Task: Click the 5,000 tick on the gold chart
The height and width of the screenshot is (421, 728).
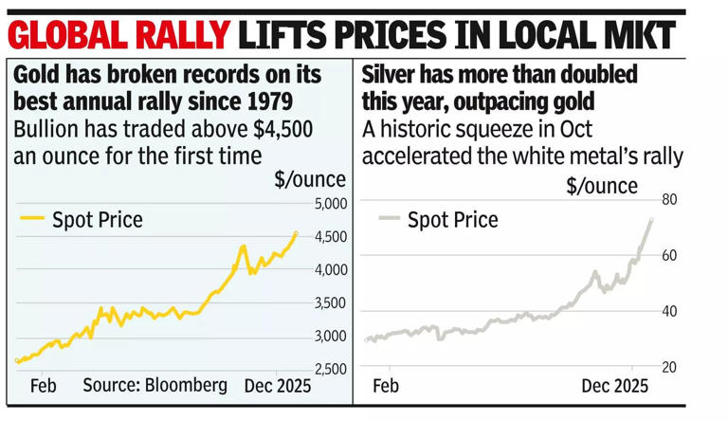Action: pos(329,203)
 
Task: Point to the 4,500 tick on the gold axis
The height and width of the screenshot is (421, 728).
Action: pos(329,236)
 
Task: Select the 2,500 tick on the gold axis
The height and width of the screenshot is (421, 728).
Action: pos(329,369)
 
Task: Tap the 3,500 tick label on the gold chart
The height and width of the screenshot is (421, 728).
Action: pos(329,302)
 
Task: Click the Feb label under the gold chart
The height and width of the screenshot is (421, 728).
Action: pos(43,385)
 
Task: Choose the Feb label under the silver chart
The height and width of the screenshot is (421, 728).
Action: pos(385,386)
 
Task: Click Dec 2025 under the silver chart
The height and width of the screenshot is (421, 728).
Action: pos(614,386)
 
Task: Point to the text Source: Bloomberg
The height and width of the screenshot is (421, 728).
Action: pos(155,385)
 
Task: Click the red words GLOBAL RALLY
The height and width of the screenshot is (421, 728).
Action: pos(118,36)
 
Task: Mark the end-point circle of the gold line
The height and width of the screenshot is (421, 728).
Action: pos(296,233)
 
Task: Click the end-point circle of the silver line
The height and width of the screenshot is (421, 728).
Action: pos(650,221)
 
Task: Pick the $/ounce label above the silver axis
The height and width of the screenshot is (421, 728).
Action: pos(602,186)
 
